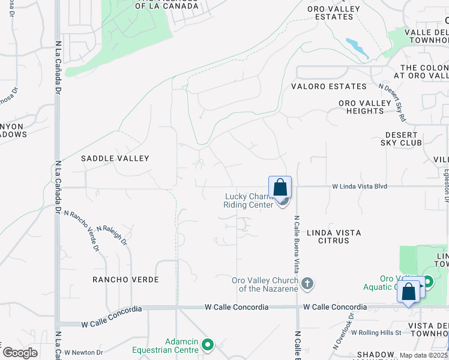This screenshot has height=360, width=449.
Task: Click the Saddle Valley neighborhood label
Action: click(115, 158)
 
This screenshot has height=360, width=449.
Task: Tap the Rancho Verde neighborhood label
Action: click(125, 280)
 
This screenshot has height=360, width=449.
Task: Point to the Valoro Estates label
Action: click(328, 86)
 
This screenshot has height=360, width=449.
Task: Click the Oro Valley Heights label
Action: click(366, 107)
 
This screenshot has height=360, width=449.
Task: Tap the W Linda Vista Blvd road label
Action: click(360, 187)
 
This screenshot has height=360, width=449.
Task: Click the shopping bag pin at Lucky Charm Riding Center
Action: click(280, 188)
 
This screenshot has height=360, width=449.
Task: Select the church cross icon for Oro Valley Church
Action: click(307, 283)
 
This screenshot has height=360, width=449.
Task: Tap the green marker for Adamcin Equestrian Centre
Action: click(208, 344)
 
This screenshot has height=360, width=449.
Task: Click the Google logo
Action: click(20, 353)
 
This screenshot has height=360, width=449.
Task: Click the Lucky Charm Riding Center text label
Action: click(249, 200)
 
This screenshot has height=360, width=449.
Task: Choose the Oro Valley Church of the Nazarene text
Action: click(265, 284)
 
